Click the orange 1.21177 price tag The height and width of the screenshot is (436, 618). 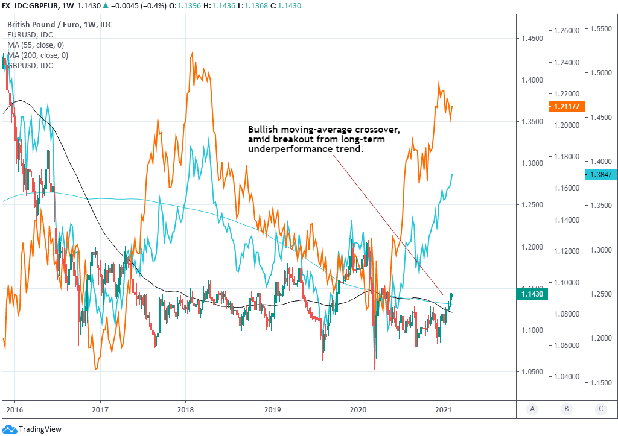(x=567, y=107)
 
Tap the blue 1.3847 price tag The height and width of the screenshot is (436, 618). (x=600, y=175)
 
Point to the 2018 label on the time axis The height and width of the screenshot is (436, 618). (x=185, y=408)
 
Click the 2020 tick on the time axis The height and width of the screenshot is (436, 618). (x=358, y=408)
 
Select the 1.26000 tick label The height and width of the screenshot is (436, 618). (x=567, y=30)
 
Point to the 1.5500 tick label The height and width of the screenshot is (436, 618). (x=600, y=28)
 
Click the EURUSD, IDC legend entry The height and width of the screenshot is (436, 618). (x=30, y=35)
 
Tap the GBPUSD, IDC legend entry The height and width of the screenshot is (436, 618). (x=30, y=65)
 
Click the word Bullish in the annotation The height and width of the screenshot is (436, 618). (x=264, y=130)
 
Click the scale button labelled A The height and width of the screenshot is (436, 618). (x=532, y=409)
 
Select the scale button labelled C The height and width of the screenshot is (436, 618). (x=601, y=409)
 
